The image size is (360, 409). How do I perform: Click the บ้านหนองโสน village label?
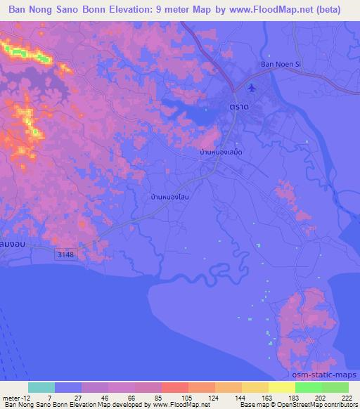point(169,197)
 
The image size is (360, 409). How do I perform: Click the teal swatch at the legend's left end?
point(41,387)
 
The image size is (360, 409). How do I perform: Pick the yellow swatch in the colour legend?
point(281,387)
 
